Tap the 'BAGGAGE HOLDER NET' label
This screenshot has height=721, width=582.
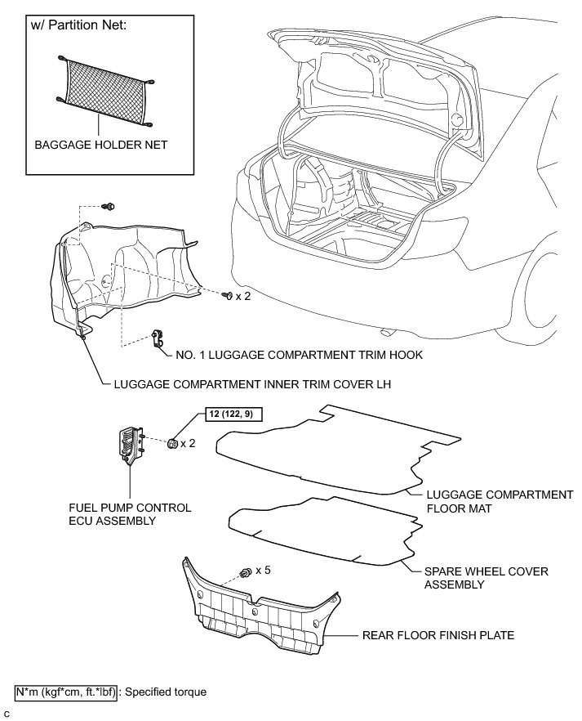pos(100,146)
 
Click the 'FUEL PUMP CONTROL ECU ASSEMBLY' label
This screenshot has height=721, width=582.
pos(130,514)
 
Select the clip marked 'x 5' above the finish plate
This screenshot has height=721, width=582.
pos(244,572)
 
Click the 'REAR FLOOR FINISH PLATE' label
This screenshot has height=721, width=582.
pos(439,634)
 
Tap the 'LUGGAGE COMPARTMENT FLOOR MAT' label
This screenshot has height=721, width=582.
pos(500,501)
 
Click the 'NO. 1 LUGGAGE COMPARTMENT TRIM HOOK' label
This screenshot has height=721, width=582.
pos(299,356)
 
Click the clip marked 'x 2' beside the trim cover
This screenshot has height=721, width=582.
pos(228,295)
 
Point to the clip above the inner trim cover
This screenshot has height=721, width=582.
pos(109,206)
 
